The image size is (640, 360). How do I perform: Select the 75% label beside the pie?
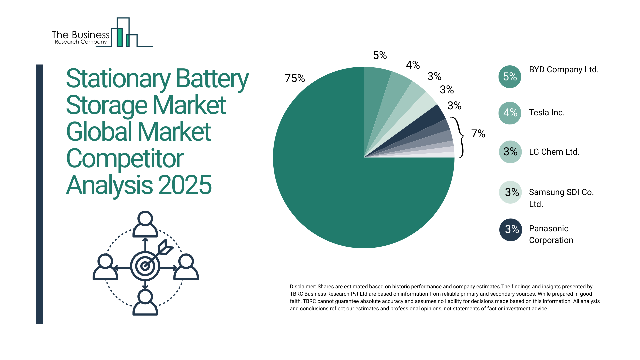click(295, 78)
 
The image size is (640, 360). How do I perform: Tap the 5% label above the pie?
click(380, 55)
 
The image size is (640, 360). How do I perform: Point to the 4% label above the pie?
click(413, 65)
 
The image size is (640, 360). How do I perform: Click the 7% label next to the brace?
click(478, 134)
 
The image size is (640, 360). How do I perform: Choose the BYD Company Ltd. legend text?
click(564, 70)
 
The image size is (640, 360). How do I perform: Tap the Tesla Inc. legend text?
click(547, 113)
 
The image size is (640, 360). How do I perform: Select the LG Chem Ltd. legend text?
click(554, 152)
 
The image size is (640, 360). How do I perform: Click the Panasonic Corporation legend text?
click(551, 234)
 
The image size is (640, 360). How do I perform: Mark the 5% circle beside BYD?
click(510, 77)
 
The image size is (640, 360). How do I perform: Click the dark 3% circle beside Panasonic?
click(511, 230)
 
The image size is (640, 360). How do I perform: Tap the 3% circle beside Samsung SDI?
click(510, 192)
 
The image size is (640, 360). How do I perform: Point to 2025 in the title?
click(185, 185)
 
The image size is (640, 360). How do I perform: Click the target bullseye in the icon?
click(145, 266)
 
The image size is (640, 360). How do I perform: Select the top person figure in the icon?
click(145, 224)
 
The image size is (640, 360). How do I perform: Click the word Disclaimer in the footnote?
click(302, 287)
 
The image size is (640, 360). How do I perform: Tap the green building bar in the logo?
click(119, 37)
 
